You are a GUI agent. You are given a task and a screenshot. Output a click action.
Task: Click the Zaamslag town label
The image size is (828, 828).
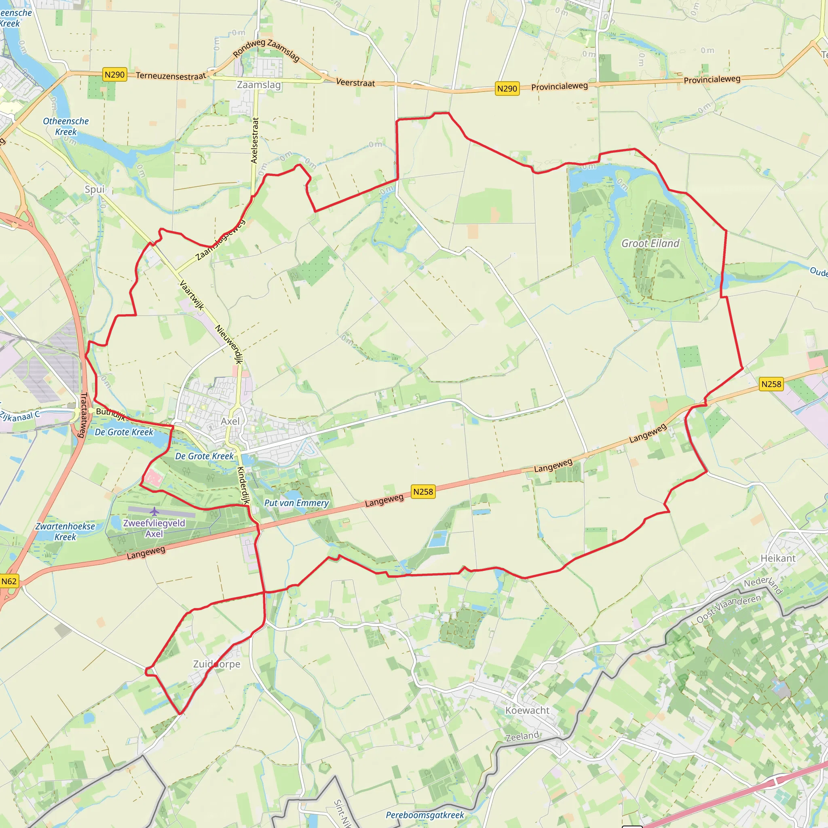pyautogui.click(x=259, y=85)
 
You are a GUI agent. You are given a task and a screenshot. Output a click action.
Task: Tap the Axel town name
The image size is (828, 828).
pyautogui.click(x=230, y=421)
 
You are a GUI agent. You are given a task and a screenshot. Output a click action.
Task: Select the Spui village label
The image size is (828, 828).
pyautogui.click(x=95, y=190)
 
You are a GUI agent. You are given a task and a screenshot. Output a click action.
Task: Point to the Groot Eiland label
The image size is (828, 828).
pyautogui.click(x=651, y=243)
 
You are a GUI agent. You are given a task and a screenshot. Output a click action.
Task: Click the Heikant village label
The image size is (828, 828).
pyautogui.click(x=778, y=558)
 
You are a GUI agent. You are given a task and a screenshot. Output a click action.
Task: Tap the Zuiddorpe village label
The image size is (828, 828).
pyautogui.click(x=216, y=664)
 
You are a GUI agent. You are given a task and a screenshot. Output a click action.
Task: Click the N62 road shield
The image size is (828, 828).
pyautogui.click(x=9, y=581)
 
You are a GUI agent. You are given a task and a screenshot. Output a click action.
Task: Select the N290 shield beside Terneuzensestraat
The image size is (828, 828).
pyautogui.click(x=114, y=74)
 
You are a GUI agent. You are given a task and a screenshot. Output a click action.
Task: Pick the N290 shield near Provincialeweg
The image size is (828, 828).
pyautogui.click(x=507, y=89)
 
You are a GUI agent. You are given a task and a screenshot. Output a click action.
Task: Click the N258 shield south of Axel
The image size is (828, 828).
pyautogui.click(x=423, y=492)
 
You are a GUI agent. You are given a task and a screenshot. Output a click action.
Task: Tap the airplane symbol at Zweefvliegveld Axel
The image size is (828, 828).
pyautogui.click(x=154, y=511)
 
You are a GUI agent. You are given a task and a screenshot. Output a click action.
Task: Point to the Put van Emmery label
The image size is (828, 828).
pyautogui.click(x=297, y=503)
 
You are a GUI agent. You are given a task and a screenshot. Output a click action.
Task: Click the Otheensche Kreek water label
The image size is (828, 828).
pyautogui.click(x=65, y=127)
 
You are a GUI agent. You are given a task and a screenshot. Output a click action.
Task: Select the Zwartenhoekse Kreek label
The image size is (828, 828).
pyautogui.click(x=65, y=531)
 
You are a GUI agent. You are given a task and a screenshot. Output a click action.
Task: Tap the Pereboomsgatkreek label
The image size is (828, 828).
pyautogui.click(x=425, y=815)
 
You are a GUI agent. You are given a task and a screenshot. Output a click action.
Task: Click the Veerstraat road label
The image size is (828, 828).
pyautogui.click(x=355, y=82)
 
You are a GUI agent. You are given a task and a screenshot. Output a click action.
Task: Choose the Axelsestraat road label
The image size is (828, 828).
pyautogui.click(x=255, y=140)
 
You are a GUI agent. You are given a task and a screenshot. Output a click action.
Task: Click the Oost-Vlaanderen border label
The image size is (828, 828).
pyautogui.click(x=729, y=608)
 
